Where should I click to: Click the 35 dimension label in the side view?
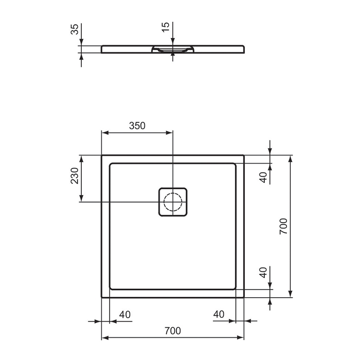(75, 30)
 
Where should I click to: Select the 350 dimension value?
(138, 126)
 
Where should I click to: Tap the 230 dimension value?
(75, 175)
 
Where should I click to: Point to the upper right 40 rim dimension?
(264, 176)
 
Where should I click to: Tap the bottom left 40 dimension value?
(125, 315)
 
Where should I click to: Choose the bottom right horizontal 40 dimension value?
(218, 315)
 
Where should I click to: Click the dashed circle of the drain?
(172, 201)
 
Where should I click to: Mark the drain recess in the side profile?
(172, 50)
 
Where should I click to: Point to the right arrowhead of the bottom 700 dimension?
(241, 338)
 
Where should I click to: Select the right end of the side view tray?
(244, 49)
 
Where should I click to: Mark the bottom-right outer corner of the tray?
(244, 297)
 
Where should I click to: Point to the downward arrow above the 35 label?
(81, 42)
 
